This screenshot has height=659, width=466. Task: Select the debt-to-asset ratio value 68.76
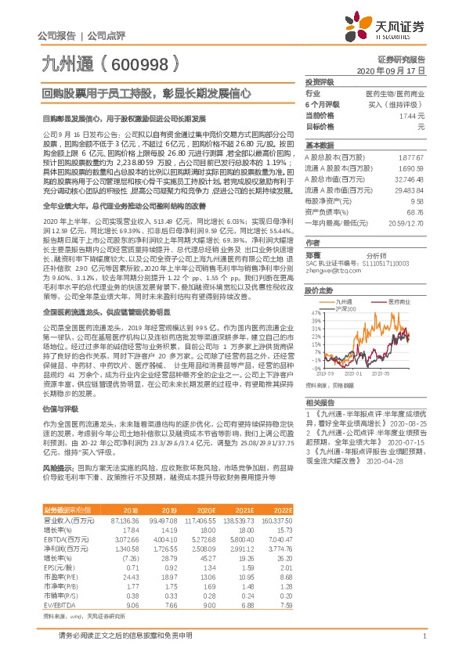pos(416,211)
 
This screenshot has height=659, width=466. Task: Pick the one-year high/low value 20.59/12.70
pos(406,222)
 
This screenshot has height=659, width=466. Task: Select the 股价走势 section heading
pos(320,290)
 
